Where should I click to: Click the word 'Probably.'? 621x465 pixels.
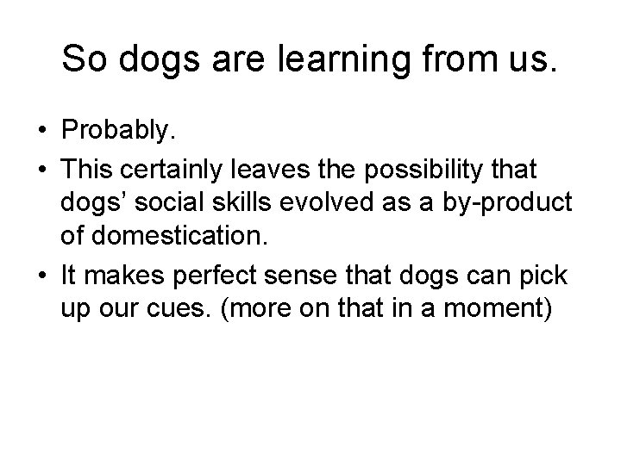118,131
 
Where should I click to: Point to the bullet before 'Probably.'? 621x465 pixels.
41,132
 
